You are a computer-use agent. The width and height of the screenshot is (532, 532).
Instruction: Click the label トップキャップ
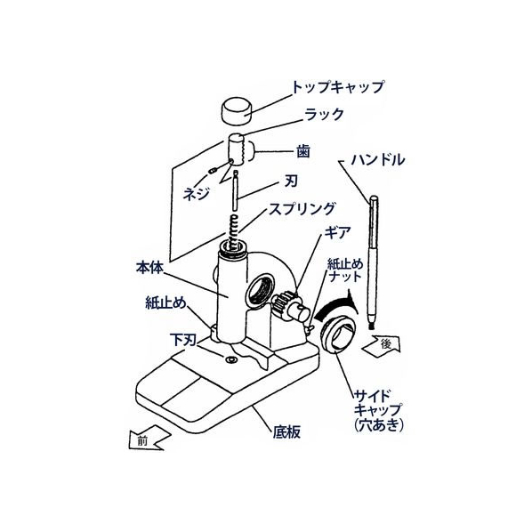click(x=338, y=87)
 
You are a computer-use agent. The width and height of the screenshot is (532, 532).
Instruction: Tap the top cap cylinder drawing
click(x=238, y=109)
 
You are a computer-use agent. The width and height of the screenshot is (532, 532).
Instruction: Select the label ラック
click(x=324, y=115)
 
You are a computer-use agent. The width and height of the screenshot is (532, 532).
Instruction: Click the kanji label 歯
click(x=303, y=151)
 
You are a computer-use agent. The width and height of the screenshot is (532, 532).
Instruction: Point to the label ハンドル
click(x=378, y=159)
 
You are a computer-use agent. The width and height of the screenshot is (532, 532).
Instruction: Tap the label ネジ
click(x=196, y=194)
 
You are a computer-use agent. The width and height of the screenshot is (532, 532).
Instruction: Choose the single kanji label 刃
click(x=290, y=181)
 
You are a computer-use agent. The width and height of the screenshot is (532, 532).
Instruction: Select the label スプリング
click(x=302, y=209)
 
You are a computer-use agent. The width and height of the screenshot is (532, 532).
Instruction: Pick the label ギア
click(x=337, y=233)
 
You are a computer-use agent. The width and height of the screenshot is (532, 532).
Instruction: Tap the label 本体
click(x=149, y=268)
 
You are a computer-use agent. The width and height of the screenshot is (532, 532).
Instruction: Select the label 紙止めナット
click(x=345, y=270)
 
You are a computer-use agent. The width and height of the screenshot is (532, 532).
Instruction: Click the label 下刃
click(x=183, y=340)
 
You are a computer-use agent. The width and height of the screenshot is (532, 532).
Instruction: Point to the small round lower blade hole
click(x=231, y=359)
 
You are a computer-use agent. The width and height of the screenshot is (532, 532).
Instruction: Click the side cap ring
click(x=336, y=335)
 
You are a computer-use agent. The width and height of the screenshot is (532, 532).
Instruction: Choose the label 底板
click(x=286, y=432)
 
